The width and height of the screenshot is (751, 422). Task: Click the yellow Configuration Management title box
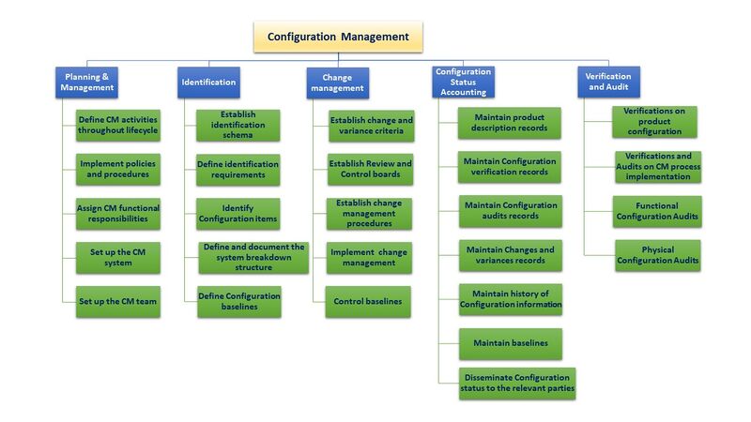click(x=338, y=37)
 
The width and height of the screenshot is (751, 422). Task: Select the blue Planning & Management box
click(x=86, y=82)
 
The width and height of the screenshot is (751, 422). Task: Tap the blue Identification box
click(x=207, y=82)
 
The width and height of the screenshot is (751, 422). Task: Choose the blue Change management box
click(x=337, y=82)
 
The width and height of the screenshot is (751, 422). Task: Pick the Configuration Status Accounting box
click(x=462, y=82)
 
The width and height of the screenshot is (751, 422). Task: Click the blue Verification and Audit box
click(x=607, y=82)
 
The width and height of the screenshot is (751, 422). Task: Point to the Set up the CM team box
click(x=118, y=301)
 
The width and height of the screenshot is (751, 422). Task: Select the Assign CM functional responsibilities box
click(x=118, y=213)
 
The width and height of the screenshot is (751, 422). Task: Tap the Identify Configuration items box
click(x=237, y=213)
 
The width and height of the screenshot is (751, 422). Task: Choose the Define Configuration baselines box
click(x=238, y=301)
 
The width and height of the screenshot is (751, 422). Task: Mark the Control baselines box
click(x=367, y=301)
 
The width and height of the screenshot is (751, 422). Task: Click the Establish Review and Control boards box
click(x=370, y=170)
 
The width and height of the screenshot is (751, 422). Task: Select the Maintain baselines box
click(x=510, y=343)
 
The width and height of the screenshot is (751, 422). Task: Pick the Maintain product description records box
click(x=510, y=123)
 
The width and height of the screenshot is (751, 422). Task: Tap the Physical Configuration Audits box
click(x=657, y=255)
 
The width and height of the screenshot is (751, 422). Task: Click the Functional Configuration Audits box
click(x=657, y=211)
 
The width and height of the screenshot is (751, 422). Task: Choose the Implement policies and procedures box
click(x=118, y=170)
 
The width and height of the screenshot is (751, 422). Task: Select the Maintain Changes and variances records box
click(x=510, y=255)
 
